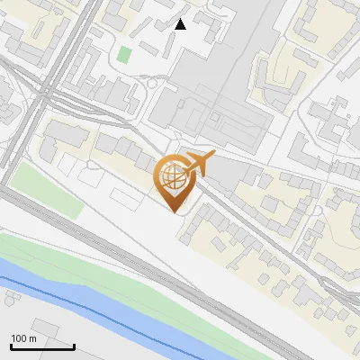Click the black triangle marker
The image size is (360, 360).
coord(181,24)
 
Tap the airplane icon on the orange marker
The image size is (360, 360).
coord(199,165)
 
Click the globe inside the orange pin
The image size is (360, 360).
coord(172,176)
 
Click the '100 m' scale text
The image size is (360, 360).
coord(23,338)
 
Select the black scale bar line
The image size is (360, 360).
coord(42,346)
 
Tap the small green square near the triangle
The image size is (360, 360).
coord(124,54)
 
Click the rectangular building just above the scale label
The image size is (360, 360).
coord(45,327)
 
